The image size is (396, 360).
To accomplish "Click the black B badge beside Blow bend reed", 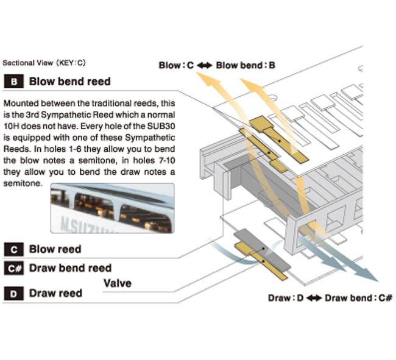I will pos(13,82).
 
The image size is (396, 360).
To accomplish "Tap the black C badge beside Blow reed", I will pos(13,249).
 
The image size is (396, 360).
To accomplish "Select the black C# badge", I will pos(13,268).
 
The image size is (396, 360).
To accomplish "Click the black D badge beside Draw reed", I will pos(13,294).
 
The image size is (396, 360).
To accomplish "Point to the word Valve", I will pos(117,283).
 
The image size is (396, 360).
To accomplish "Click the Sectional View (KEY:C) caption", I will pos(44,63).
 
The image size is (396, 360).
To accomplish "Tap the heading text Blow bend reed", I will pos(70,82).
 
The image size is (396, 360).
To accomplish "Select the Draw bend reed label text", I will pos(70,268).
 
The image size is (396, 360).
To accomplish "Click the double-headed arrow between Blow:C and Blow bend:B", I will pos(205,65).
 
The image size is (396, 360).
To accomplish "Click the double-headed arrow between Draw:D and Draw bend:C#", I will pos(313,298).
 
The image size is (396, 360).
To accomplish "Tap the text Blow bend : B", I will pos(242,65).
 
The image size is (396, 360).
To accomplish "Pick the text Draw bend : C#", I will pos(358,298).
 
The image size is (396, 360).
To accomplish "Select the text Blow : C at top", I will pos(176,65).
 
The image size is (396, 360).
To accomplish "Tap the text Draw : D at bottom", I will pos(286,298).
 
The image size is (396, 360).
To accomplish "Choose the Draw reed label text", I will pos(55,294).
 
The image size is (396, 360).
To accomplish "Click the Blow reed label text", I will pos(55,249).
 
